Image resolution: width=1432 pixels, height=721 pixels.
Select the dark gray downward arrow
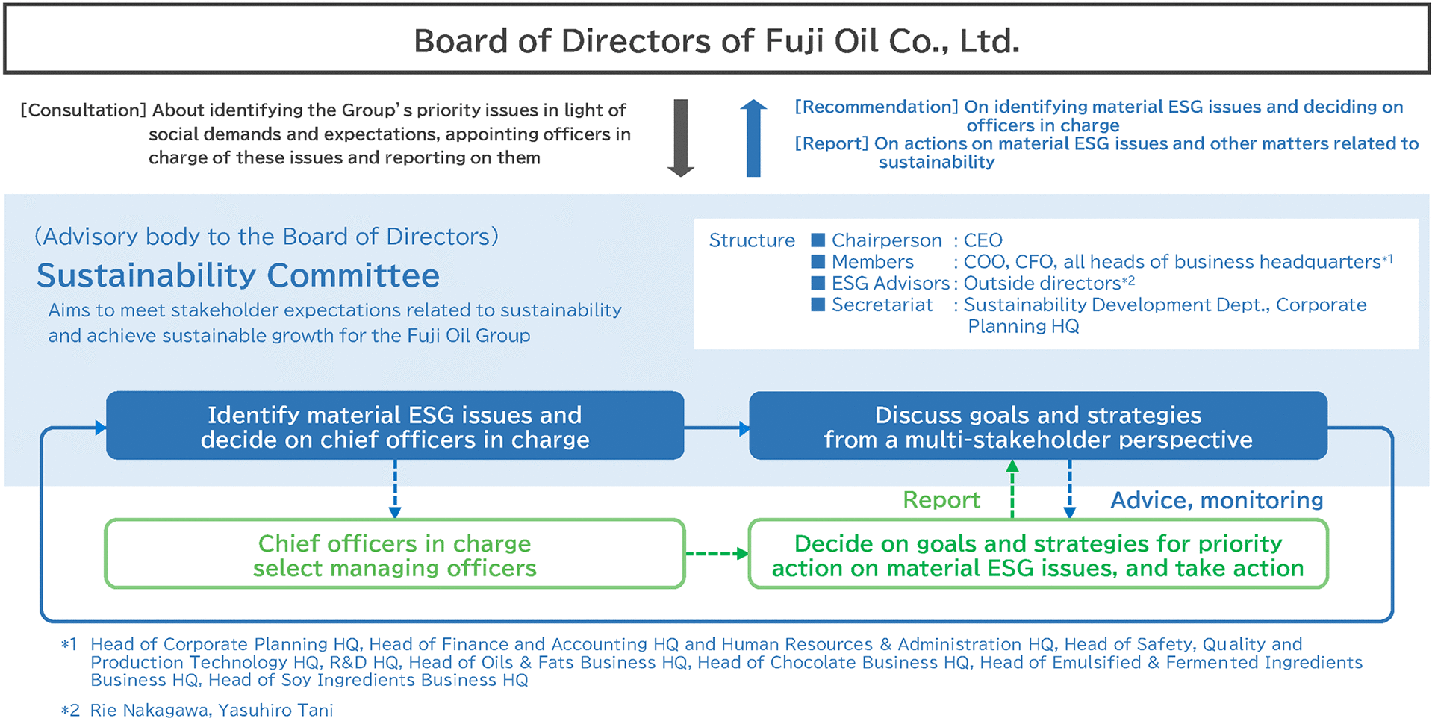680,139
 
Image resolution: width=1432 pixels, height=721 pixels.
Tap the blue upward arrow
753,139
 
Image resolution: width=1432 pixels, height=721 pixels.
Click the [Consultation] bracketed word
84,110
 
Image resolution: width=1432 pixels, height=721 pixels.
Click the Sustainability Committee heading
238,275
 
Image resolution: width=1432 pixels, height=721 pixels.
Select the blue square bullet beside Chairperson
818,240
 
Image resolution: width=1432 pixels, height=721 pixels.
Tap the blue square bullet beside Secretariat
818,305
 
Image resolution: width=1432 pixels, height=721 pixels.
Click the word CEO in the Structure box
983,240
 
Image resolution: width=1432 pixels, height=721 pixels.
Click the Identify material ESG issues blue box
395,426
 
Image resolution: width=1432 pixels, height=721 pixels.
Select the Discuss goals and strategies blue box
1038,426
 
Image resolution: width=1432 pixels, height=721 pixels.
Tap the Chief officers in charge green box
395,555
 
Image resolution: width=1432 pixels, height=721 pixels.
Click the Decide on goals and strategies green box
1038,555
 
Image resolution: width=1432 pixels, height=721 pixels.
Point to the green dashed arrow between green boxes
716,554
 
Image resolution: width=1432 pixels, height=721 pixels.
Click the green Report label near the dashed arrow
941,500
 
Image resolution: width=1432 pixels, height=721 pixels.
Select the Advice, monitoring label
1216,500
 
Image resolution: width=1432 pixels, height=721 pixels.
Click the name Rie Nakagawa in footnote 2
149,710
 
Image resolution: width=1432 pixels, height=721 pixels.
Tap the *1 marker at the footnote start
69,644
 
